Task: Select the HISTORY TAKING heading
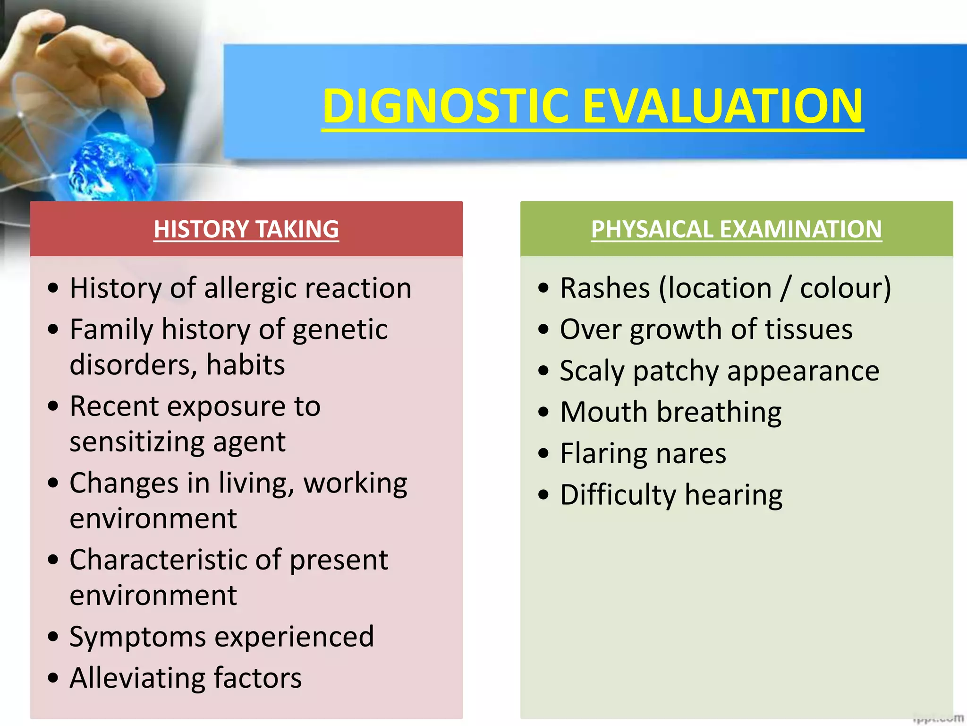pos(246,229)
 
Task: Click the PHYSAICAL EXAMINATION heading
pos(736,229)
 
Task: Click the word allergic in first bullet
pos(250,288)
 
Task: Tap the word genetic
pos(340,330)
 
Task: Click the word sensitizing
pos(136,441)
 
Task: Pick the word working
pos(355,484)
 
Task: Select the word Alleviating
pos(137,678)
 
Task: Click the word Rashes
pos(605,288)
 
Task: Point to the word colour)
pos(845,288)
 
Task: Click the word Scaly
pos(592,371)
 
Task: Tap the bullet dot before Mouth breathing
pos(543,412)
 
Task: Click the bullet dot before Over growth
pos(543,329)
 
